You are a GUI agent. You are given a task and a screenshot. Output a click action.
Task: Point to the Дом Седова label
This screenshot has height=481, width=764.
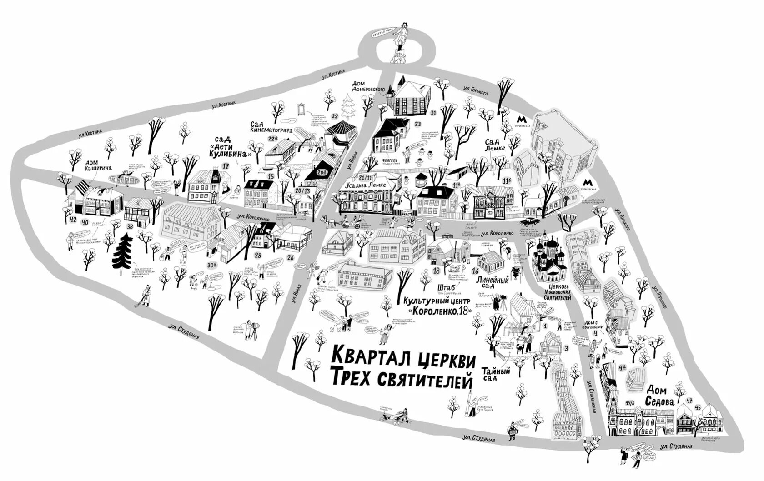pyautogui.click(x=660, y=396)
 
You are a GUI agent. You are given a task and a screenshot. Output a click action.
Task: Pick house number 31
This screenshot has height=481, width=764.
pyautogui.click(x=433, y=112)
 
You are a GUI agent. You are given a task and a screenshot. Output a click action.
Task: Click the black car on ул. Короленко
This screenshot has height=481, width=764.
pyautogui.click(x=529, y=222)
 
